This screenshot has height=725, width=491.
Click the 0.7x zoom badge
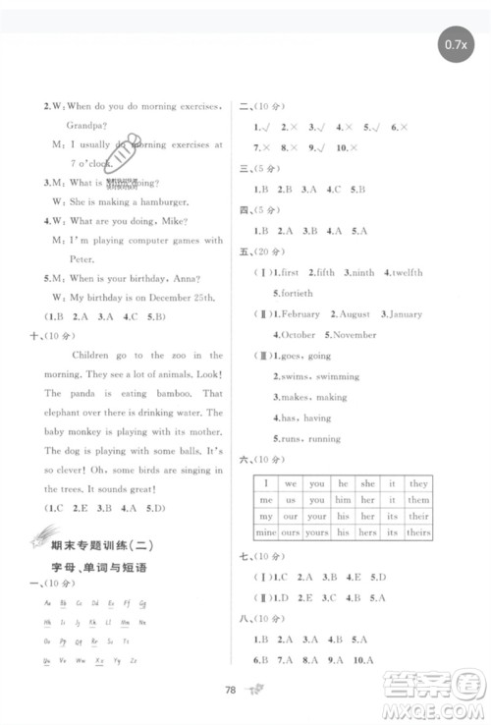pos(456,43)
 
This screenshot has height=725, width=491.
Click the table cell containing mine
pos(264,531)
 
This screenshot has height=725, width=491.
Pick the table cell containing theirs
pos(418,531)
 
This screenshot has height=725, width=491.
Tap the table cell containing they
pos(418,483)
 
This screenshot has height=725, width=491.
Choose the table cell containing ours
pos(291,531)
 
